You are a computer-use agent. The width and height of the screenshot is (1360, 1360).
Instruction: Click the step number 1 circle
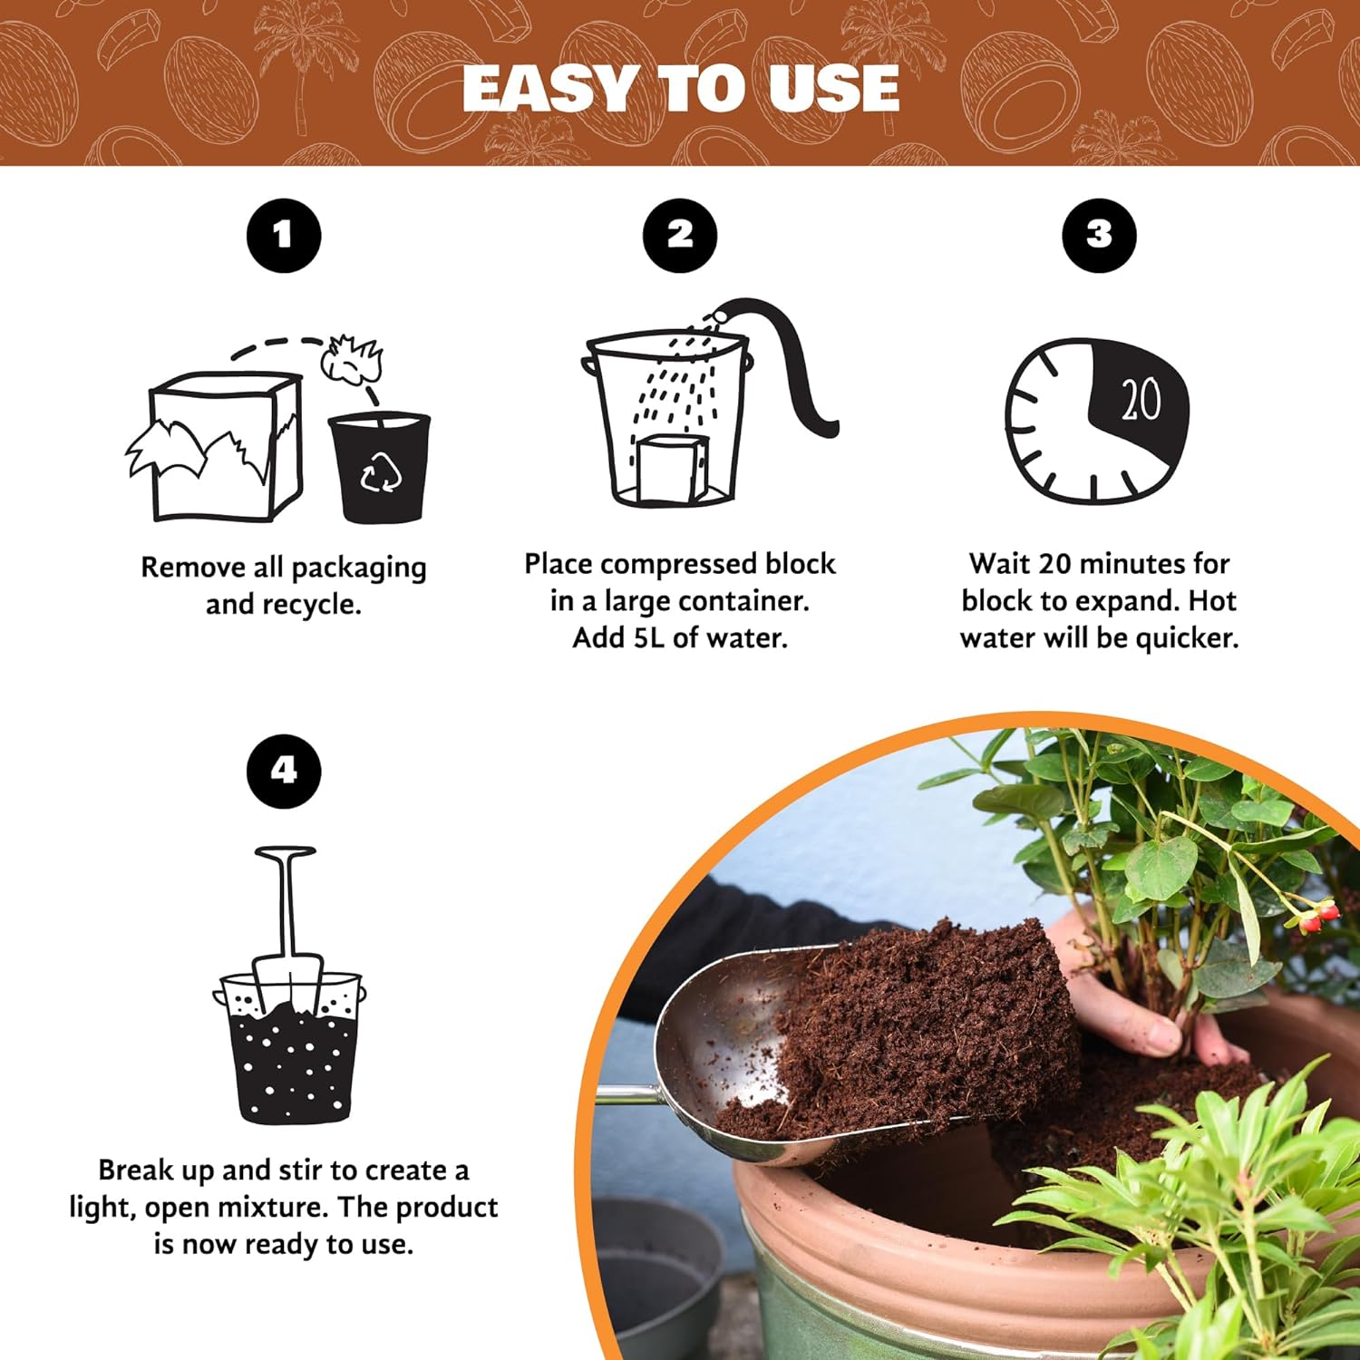coord(284,236)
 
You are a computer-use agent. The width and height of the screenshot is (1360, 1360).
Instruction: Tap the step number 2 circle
coord(680,235)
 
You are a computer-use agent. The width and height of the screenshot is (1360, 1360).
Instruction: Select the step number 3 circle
coord(1099,235)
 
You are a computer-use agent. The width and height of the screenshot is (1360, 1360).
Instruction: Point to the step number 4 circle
coord(284,771)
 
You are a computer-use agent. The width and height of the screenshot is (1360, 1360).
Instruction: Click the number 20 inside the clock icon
coord(1140,399)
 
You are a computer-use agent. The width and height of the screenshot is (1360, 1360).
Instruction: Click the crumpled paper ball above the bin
coord(352,359)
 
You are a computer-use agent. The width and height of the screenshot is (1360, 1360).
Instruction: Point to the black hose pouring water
coord(789,363)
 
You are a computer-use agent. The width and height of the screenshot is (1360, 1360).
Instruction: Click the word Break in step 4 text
coord(135,1171)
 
